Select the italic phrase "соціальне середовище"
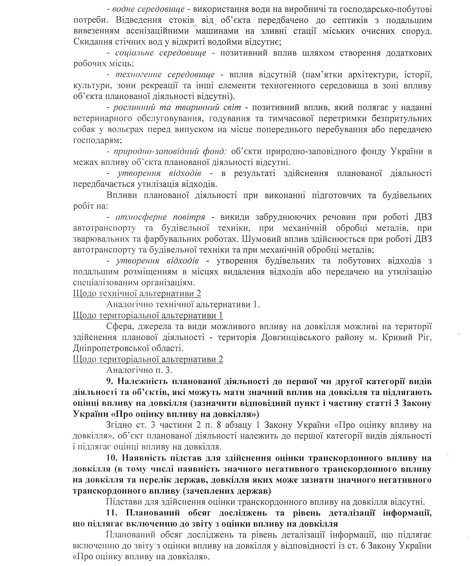pos(161,53)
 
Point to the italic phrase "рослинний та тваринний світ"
pos(177,108)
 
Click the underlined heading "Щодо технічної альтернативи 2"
pos(137,294)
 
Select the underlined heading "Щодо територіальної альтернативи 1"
pos(148,316)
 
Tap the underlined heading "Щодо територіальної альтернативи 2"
pos(148,359)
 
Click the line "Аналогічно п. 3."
pos(140,370)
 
